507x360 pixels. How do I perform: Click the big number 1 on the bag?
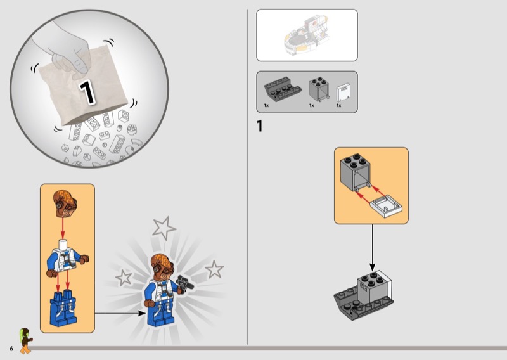point(87,93)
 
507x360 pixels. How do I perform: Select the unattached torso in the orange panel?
point(68,257)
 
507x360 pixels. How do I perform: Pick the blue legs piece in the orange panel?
point(63,308)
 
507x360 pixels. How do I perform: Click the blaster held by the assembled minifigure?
point(185,284)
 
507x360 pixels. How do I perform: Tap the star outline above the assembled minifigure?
point(164,228)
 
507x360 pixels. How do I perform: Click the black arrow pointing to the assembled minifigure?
point(120,313)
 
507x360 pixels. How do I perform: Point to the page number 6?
point(11,349)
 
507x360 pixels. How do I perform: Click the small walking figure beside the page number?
point(25,340)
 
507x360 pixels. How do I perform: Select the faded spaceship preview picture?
point(307,35)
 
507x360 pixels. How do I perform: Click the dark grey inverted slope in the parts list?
point(283,87)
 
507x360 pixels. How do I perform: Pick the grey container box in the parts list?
point(319,89)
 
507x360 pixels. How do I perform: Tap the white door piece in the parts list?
point(343,93)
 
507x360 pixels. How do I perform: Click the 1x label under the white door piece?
point(338,105)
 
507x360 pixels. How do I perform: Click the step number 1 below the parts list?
point(259,126)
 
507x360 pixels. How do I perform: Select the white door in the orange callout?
point(386,206)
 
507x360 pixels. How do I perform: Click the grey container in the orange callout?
point(356,173)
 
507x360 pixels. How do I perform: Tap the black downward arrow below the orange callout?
point(372,248)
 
